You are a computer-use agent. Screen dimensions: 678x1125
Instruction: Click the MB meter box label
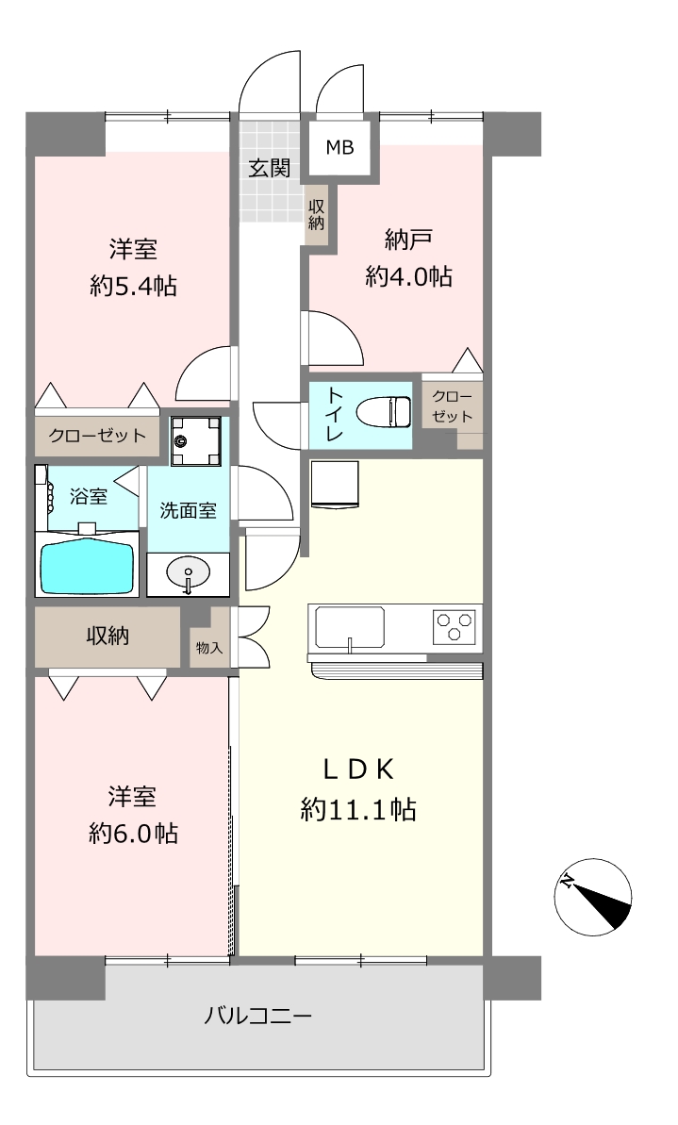(x=340, y=148)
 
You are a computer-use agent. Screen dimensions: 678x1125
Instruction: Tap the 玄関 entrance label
(x=270, y=169)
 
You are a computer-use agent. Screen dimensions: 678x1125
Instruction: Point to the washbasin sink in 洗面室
(x=188, y=572)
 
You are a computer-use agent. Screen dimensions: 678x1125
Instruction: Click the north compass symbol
(x=592, y=897)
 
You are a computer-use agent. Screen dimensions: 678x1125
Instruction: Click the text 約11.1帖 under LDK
(x=358, y=810)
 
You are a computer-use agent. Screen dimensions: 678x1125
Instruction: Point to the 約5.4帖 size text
(x=134, y=287)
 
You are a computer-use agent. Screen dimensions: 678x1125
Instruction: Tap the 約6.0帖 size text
(x=134, y=833)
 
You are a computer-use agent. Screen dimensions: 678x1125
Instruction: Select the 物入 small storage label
(x=209, y=648)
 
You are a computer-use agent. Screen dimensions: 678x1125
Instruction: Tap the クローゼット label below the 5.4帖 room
(x=97, y=436)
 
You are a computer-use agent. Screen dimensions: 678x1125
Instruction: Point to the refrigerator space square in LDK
(x=335, y=485)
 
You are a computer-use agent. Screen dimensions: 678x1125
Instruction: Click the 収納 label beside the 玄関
(x=317, y=213)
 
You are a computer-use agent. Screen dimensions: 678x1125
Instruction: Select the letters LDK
(x=358, y=769)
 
